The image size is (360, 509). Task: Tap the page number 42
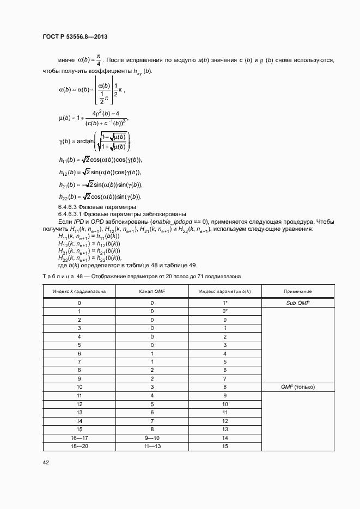tap(46, 462)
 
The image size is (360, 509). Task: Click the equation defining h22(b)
tap(100, 197)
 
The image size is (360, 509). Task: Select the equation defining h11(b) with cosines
tap(100, 160)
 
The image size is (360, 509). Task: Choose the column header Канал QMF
tap(152, 292)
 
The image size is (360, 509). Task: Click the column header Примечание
tap(298, 292)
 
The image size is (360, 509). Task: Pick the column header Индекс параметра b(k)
tap(224, 292)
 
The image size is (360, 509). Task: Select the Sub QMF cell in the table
tap(298, 302)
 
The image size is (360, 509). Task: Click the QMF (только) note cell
tap(298, 387)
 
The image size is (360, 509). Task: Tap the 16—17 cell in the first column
tap(80, 437)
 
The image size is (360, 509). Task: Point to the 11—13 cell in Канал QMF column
tap(152, 446)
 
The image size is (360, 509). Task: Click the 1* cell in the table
tap(224, 302)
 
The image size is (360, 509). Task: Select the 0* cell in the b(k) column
tap(224, 311)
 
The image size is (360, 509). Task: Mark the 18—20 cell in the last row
tap(80, 446)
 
